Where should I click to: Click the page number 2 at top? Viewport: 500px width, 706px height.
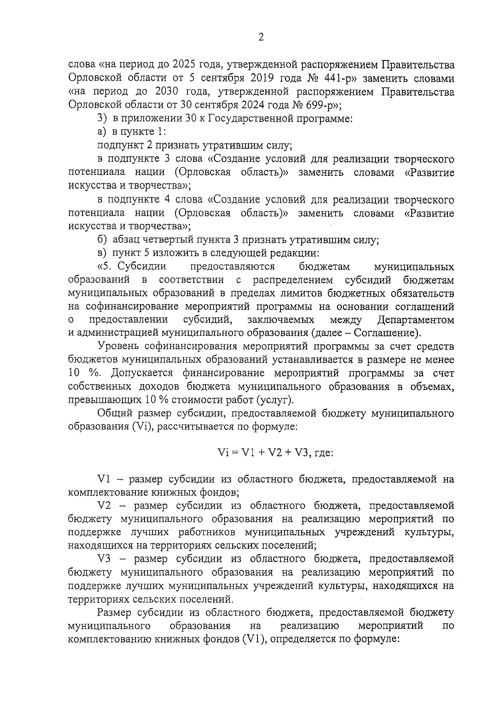click(x=261, y=37)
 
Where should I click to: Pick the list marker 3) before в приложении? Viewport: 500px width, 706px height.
click(x=102, y=119)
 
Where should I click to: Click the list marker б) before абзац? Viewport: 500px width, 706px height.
click(x=102, y=240)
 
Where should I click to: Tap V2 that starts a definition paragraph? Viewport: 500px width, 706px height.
click(x=105, y=506)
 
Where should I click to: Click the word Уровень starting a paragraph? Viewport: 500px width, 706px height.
click(x=118, y=347)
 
